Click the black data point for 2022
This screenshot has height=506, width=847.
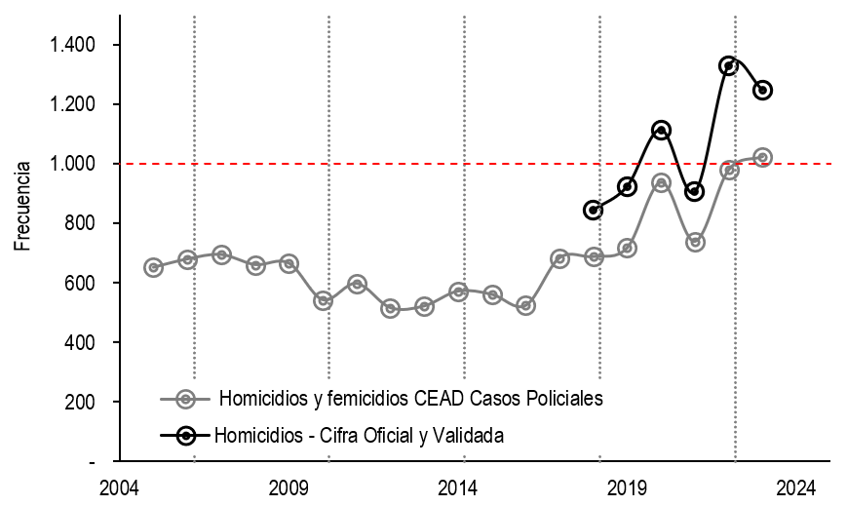click(729, 66)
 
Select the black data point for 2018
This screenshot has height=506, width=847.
click(594, 210)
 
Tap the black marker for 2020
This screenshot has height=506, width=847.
click(661, 131)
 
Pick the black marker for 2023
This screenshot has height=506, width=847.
click(763, 90)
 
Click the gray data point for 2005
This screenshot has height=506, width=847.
click(153, 267)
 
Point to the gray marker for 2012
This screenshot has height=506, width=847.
click(390, 309)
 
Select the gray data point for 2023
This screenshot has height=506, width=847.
click(763, 158)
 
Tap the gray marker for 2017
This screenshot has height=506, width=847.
click(559, 259)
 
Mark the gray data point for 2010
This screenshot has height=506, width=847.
click(323, 300)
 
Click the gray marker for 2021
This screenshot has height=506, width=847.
click(695, 242)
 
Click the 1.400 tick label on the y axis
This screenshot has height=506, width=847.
click(72, 44)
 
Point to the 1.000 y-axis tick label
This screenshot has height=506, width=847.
click(72, 163)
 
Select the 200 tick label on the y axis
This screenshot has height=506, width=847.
click(80, 402)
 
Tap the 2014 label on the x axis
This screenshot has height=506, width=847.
click(457, 488)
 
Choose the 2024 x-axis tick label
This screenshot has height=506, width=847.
click(796, 488)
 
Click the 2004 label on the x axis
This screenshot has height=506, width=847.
click(119, 488)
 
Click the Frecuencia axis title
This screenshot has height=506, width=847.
click(22, 206)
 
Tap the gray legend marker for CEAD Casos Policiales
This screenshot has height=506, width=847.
click(186, 400)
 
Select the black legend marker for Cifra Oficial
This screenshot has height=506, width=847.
click(186, 435)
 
